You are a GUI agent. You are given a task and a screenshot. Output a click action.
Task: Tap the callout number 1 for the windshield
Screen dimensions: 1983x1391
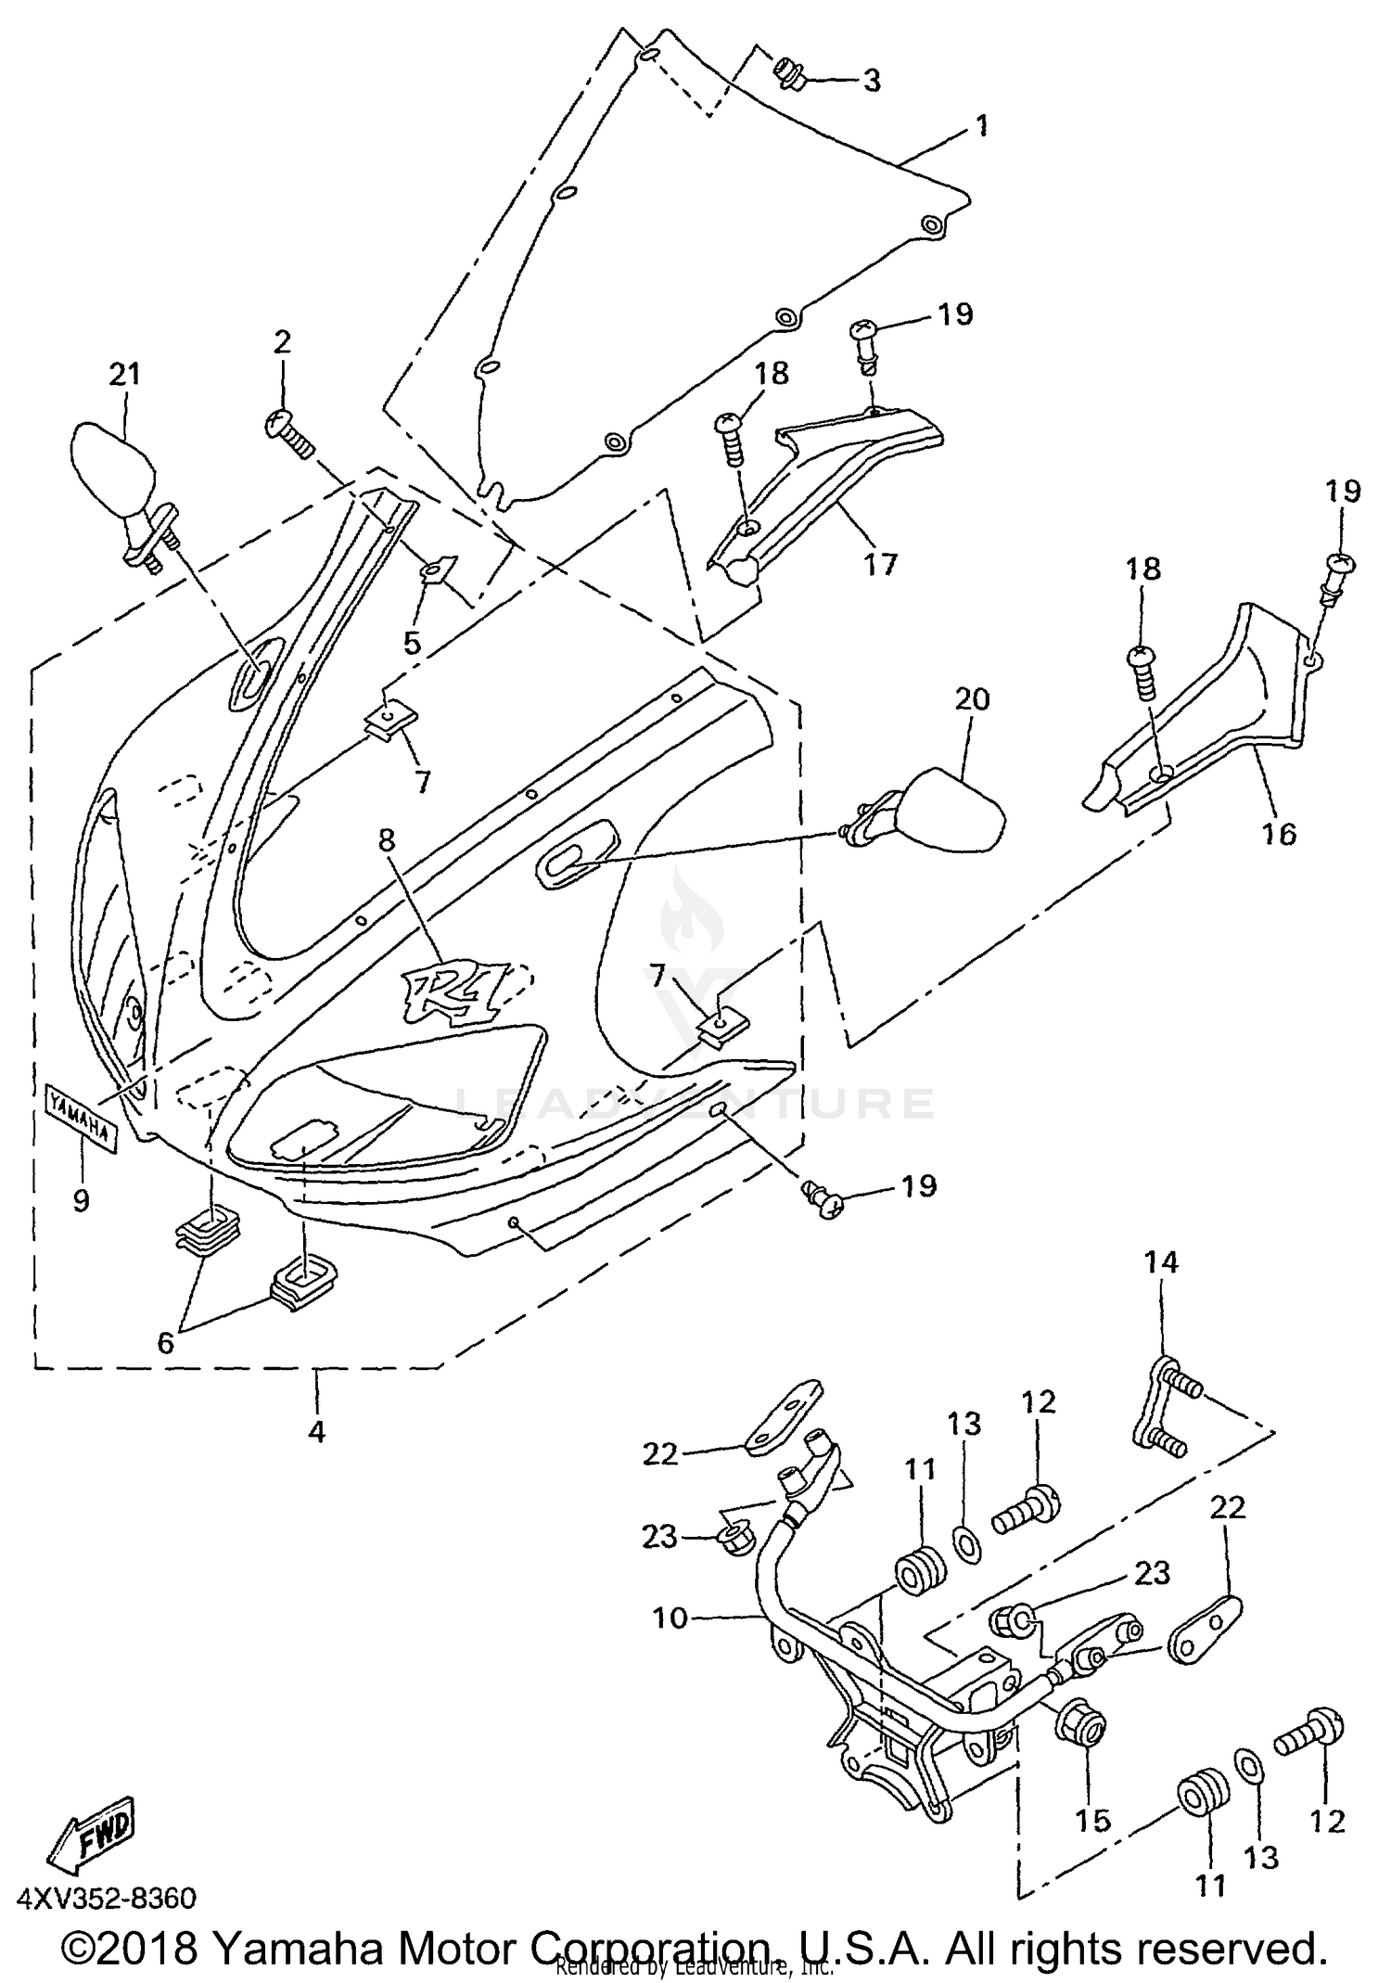pyautogui.click(x=981, y=125)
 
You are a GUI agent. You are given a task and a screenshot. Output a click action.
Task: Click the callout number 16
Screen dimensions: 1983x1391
pyautogui.click(x=1279, y=834)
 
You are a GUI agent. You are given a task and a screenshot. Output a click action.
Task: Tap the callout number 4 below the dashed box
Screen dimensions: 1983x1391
pyautogui.click(x=316, y=1432)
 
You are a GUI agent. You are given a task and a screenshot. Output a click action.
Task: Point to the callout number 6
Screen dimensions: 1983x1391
pyautogui.click(x=165, y=1342)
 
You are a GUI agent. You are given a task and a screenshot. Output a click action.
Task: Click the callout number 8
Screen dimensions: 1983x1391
pyautogui.click(x=386, y=840)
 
